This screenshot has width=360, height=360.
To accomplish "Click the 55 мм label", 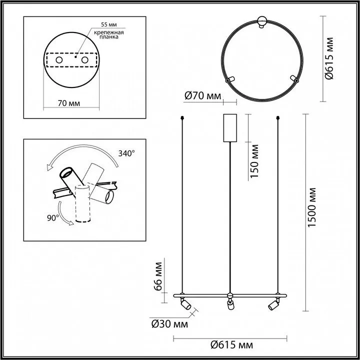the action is point(109,24).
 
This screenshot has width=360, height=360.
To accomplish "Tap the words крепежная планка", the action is point(109,34).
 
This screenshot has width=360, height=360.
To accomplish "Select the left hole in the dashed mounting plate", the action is point(59,60).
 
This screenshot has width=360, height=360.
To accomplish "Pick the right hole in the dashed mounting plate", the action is point(84,60).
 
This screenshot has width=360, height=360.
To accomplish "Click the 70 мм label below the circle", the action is point(69,103).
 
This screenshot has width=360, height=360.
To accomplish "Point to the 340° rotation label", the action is point(126,153).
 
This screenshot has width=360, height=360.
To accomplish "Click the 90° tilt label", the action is point(53,218).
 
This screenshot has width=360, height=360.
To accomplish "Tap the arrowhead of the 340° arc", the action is point(49,167).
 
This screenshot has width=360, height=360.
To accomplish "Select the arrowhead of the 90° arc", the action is point(71,222).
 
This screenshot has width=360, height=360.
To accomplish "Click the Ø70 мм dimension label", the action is point(202,96).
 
